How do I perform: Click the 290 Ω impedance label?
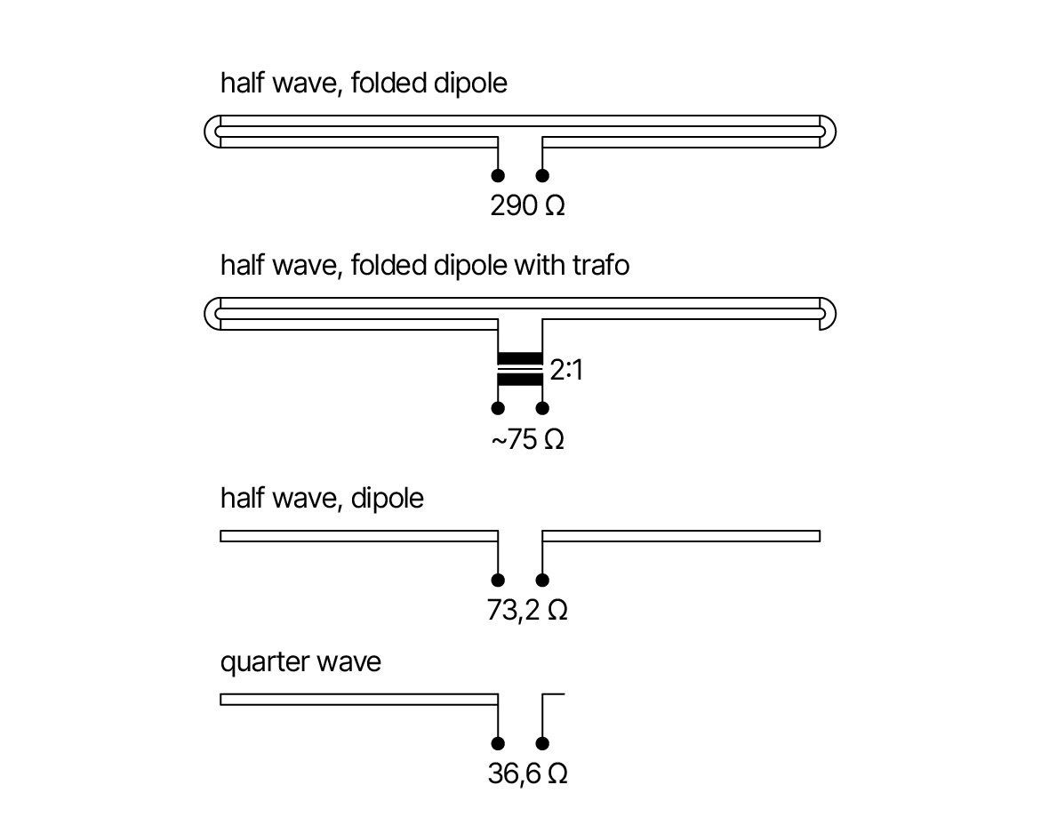pos(528,205)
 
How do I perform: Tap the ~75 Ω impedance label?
pos(528,439)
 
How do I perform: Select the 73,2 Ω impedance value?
pos(528,610)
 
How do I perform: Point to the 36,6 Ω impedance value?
pos(528,774)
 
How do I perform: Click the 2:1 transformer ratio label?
pos(566,370)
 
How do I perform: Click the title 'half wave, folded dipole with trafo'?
pos(425,266)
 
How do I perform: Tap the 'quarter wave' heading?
pos(300,662)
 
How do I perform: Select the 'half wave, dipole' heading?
pos(322,499)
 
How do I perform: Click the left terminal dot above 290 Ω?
pos(498,176)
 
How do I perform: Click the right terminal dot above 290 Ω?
pos(542,176)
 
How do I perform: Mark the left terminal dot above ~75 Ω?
pos(498,408)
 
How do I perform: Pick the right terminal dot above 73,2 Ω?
pos(542,581)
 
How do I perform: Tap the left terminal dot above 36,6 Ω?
pos(498,743)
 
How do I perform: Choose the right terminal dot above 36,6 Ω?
pos(542,743)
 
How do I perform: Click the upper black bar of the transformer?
pos(520,358)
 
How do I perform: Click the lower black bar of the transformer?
pos(520,380)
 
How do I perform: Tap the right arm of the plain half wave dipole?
pos(681,536)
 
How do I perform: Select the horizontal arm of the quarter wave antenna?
pos(359,700)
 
